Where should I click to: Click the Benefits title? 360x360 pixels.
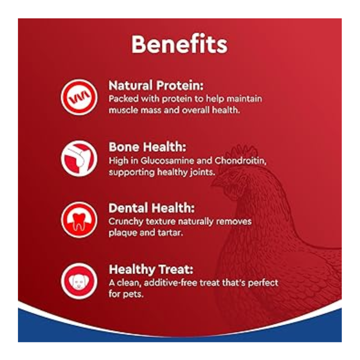tap(179, 44)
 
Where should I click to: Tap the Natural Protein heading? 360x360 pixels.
tap(156, 85)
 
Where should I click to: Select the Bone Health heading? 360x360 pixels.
tap(147, 147)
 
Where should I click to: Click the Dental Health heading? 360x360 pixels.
tap(152, 208)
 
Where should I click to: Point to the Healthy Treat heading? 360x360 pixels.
tap(151, 270)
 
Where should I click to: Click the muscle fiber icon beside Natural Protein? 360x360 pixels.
tap(79, 97)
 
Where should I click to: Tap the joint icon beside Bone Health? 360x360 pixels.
tap(79, 159)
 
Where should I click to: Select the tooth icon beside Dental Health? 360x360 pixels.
tap(79, 220)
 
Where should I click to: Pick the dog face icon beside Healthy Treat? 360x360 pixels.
tap(79, 281)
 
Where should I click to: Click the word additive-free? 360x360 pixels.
tap(171, 283)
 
